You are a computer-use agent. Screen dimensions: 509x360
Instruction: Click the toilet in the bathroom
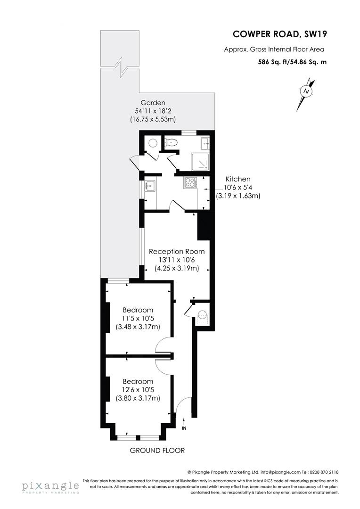point(172,142)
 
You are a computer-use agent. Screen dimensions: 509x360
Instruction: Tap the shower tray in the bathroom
point(200,161)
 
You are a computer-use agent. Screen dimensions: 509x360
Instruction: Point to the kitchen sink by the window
point(150,185)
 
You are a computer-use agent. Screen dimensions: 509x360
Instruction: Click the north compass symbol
point(307,90)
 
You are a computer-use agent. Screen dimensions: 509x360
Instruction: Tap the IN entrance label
point(184,428)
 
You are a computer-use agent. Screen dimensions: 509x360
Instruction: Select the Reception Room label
point(177,251)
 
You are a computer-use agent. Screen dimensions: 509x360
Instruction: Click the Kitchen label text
point(238,179)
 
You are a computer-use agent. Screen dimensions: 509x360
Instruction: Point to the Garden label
point(153,103)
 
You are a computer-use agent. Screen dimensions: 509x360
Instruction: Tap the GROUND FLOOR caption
point(157,451)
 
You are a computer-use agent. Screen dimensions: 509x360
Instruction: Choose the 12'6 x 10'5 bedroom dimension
point(138,390)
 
